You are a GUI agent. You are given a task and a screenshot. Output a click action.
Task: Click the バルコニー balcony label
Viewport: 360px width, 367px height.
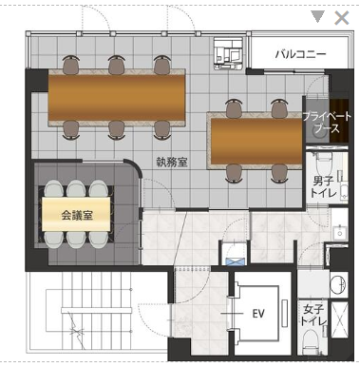point(300,54)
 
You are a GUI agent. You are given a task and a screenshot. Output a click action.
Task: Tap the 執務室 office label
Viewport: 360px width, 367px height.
point(172,162)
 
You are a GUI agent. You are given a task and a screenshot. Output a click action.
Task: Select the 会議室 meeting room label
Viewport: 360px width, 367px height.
point(77,216)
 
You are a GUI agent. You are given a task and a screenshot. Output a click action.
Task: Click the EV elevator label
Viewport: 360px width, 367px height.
point(258,314)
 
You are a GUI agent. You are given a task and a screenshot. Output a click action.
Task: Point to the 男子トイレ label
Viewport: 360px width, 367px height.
point(323,187)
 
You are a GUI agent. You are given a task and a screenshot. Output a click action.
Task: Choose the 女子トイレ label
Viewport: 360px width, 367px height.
point(313,315)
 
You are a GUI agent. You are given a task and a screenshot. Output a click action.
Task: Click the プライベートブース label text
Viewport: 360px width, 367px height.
point(326,123)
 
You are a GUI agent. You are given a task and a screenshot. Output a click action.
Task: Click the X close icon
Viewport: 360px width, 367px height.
point(342,18)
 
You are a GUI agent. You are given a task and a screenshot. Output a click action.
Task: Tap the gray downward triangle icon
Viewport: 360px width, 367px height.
point(317,17)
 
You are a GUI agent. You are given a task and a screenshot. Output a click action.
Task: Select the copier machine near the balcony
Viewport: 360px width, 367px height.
point(229,53)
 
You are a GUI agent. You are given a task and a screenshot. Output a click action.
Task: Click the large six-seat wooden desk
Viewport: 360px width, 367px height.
point(117,98)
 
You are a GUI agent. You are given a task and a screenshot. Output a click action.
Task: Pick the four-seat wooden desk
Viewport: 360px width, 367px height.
point(256,141)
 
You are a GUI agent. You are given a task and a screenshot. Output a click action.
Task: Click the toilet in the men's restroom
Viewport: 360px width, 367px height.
point(324,164)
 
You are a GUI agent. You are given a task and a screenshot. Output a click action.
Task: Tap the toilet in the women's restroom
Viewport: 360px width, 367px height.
point(311,342)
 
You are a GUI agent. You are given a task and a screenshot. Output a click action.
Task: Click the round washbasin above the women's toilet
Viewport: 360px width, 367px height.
point(338,283)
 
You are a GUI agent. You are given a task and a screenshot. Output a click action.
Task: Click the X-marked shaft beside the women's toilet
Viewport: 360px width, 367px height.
point(339,319)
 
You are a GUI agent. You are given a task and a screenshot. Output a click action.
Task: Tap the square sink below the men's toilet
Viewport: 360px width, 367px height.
point(340,233)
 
